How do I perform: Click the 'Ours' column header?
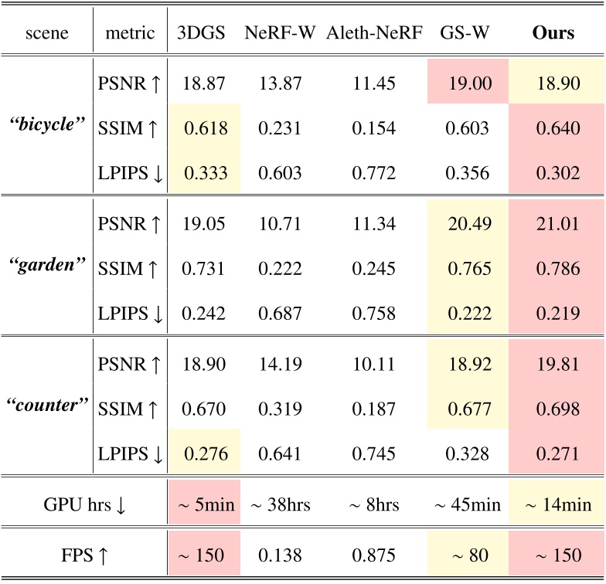point(553,34)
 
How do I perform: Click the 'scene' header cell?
point(46,34)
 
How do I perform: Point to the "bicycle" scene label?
point(46,126)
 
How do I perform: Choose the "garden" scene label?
point(46,268)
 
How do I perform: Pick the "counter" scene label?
point(46,405)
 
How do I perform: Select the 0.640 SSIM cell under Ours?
point(553,127)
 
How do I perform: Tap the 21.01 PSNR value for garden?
point(553,224)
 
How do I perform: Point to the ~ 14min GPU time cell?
point(553,505)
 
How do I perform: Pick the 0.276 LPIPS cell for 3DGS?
point(203,453)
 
